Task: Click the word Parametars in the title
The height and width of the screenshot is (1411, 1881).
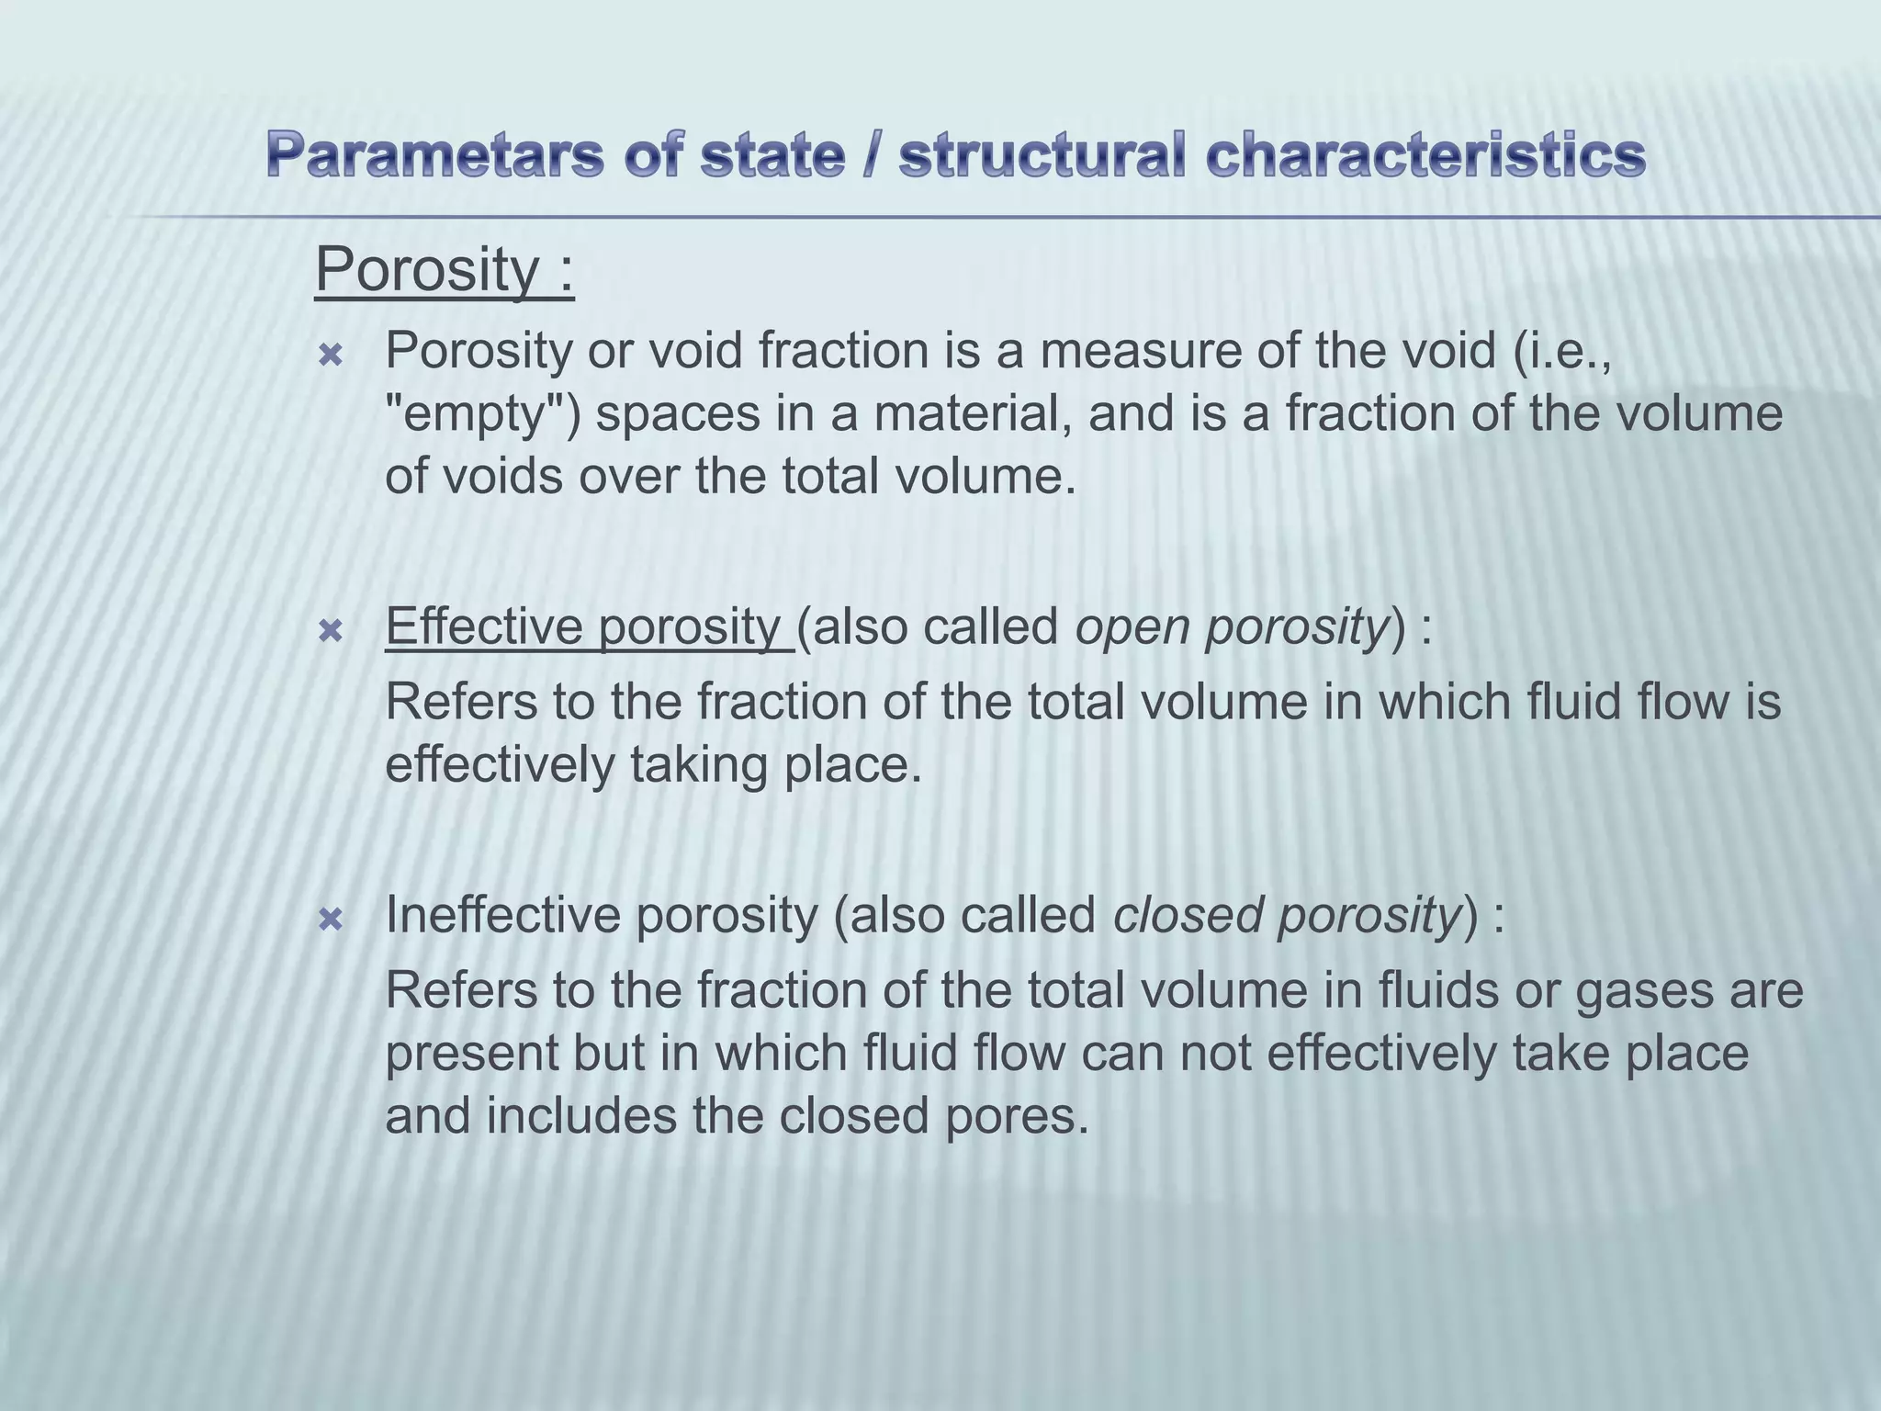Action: tap(435, 156)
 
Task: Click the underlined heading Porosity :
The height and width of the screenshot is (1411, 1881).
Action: tap(445, 270)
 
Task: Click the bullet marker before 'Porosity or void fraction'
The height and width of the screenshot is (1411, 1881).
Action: tap(330, 356)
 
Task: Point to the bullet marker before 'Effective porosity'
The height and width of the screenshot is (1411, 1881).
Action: tap(330, 631)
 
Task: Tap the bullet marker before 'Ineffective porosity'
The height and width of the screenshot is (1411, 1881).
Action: tap(330, 920)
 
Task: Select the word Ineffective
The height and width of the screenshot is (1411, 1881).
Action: tap(502, 916)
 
